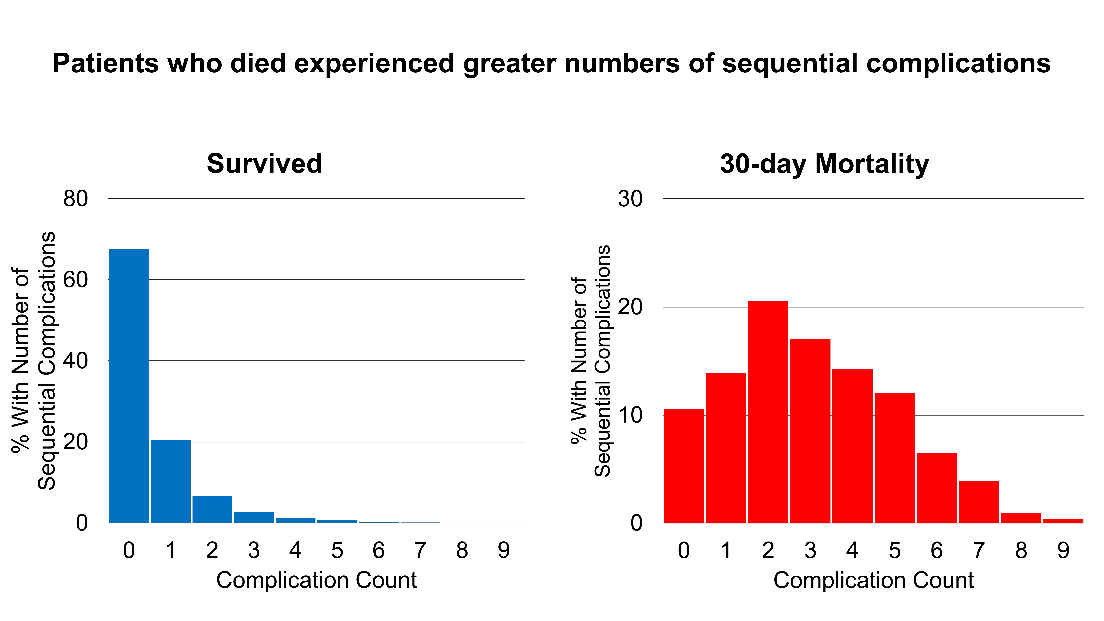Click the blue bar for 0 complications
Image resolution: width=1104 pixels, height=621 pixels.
click(x=129, y=386)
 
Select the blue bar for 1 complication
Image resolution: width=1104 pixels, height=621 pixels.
click(x=171, y=481)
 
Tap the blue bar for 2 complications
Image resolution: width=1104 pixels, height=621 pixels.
click(x=212, y=509)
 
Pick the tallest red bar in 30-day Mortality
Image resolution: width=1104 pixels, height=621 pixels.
click(x=768, y=412)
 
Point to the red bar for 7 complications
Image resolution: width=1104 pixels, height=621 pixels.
click(x=979, y=502)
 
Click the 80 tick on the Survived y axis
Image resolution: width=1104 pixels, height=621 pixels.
click(x=75, y=199)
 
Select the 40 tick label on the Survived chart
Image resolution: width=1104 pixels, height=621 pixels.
click(x=75, y=361)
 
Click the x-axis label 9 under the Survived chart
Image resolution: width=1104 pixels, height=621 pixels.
click(x=504, y=550)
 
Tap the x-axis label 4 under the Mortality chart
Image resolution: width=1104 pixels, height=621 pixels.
click(x=852, y=550)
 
